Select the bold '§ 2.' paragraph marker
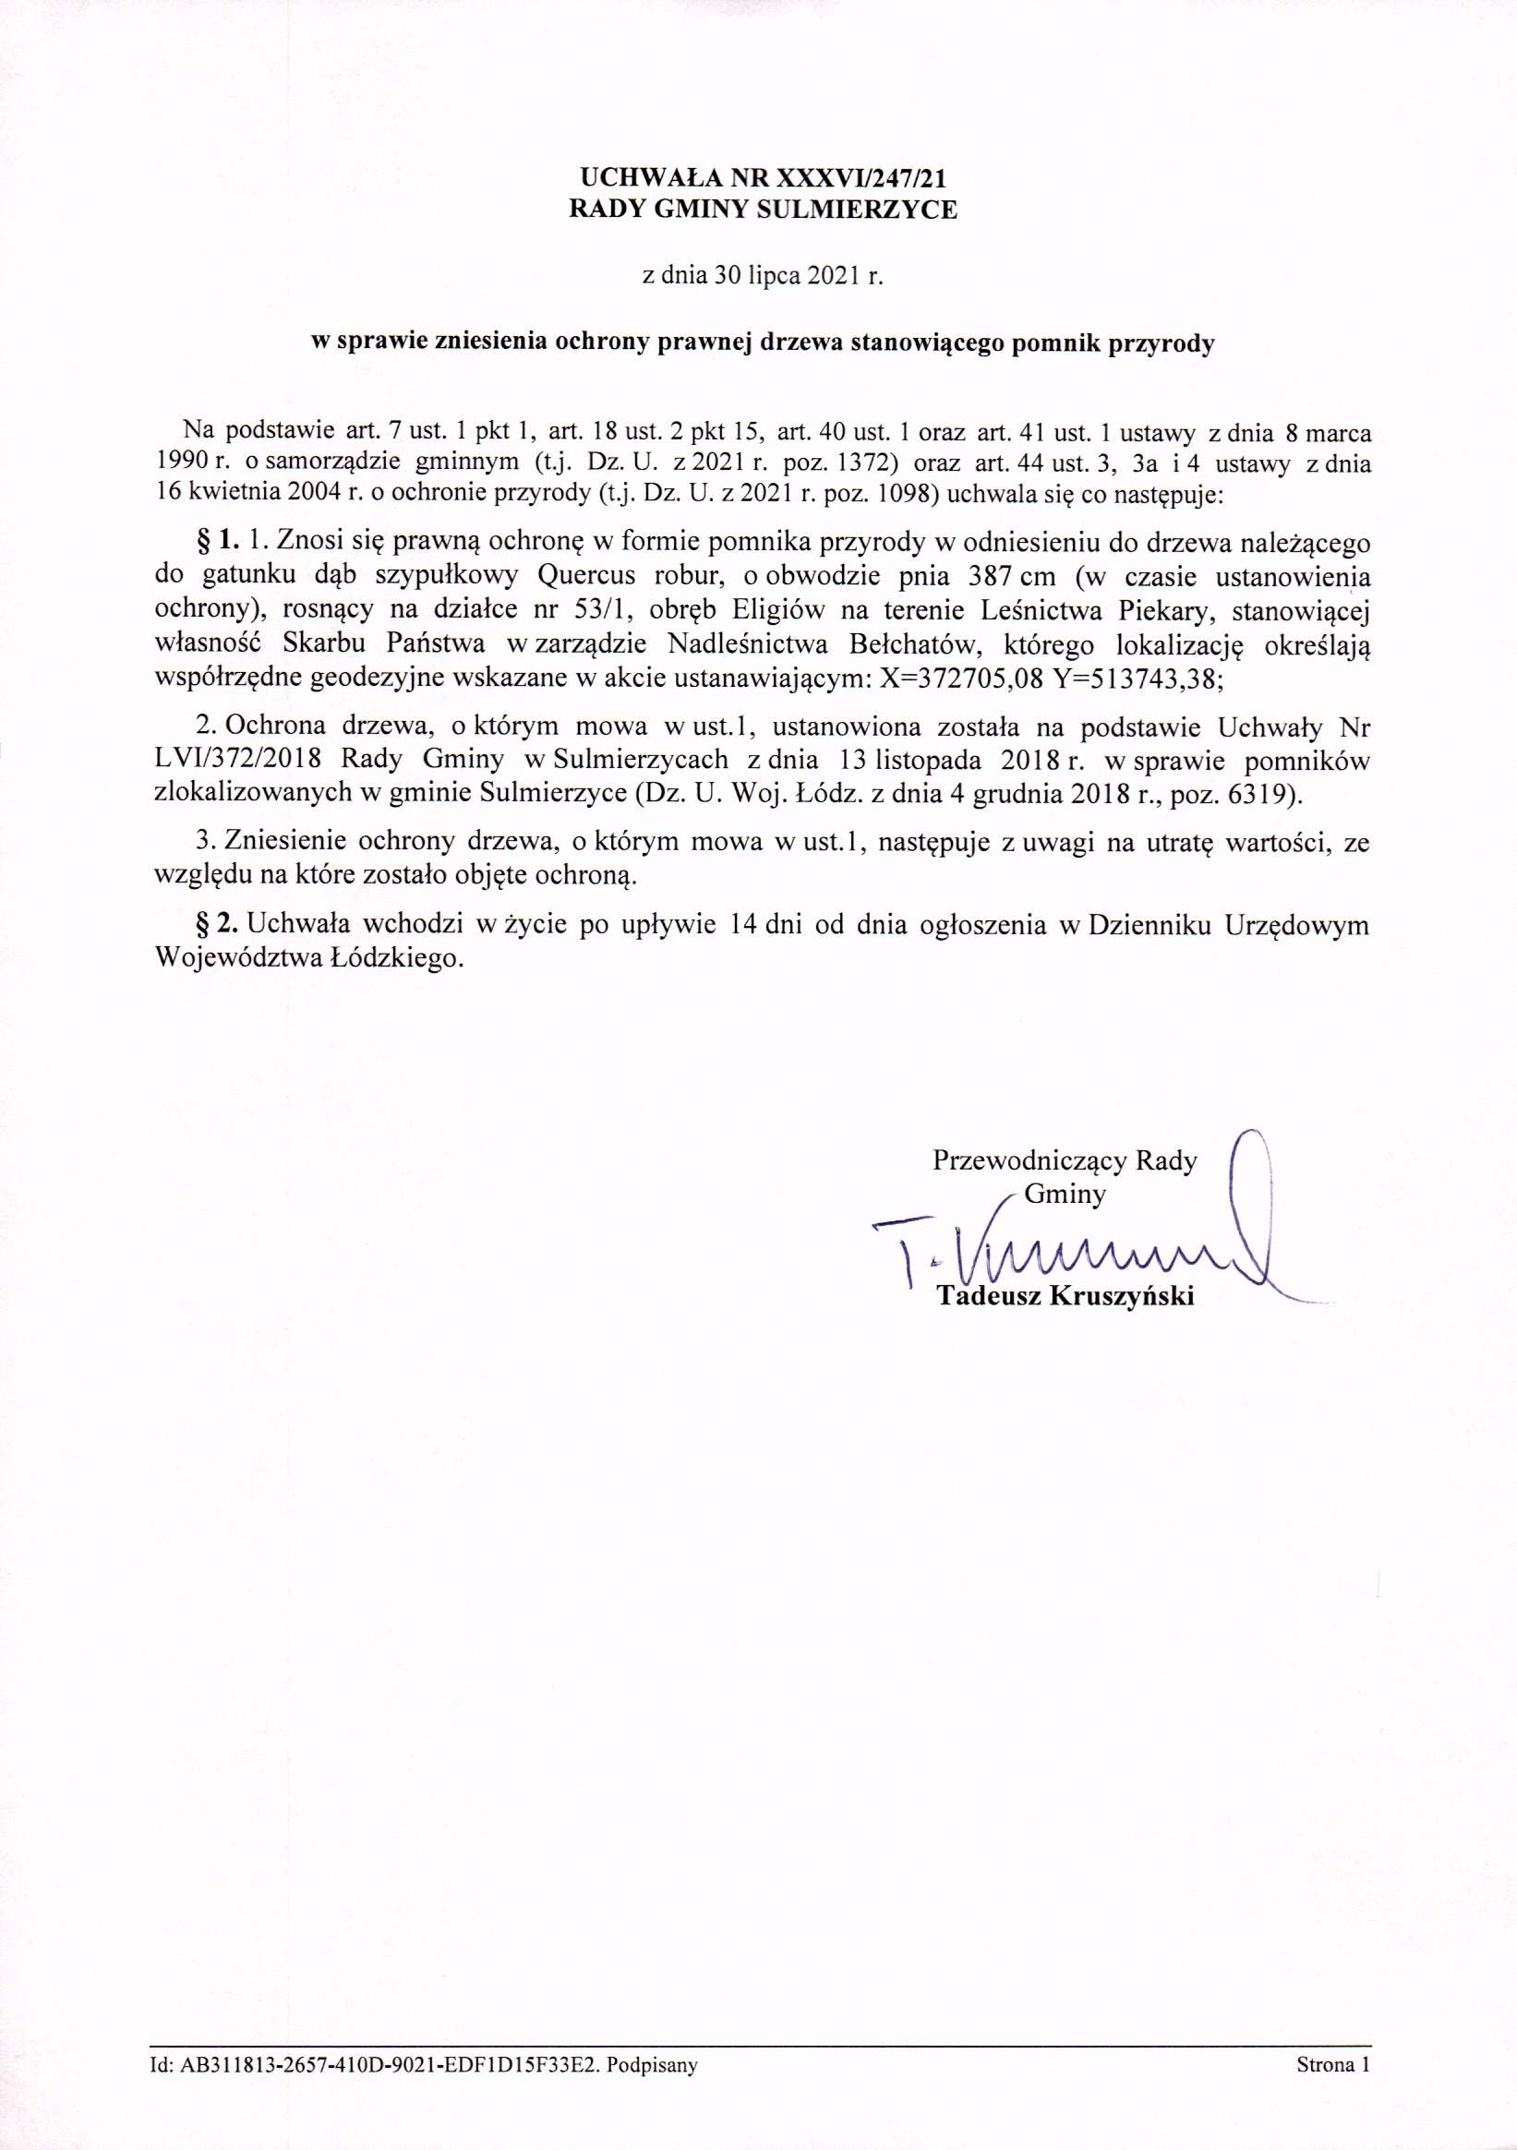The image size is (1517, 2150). coord(216,924)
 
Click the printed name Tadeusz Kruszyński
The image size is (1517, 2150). coord(1066,1297)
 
